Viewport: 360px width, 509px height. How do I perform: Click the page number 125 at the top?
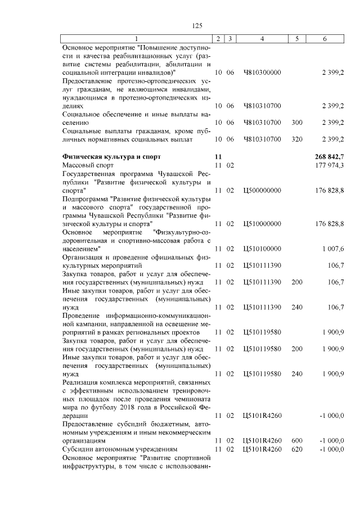197,25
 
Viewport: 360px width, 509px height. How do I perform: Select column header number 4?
262,39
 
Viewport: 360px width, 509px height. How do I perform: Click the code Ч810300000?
262,73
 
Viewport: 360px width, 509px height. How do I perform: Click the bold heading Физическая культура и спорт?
111,157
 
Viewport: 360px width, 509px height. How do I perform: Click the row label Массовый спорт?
88,165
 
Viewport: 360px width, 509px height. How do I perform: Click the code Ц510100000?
262,248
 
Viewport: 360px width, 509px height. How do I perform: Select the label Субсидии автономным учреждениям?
120,449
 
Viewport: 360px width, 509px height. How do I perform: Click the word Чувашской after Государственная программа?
172,174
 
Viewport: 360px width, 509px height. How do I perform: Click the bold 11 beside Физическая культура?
219,157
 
